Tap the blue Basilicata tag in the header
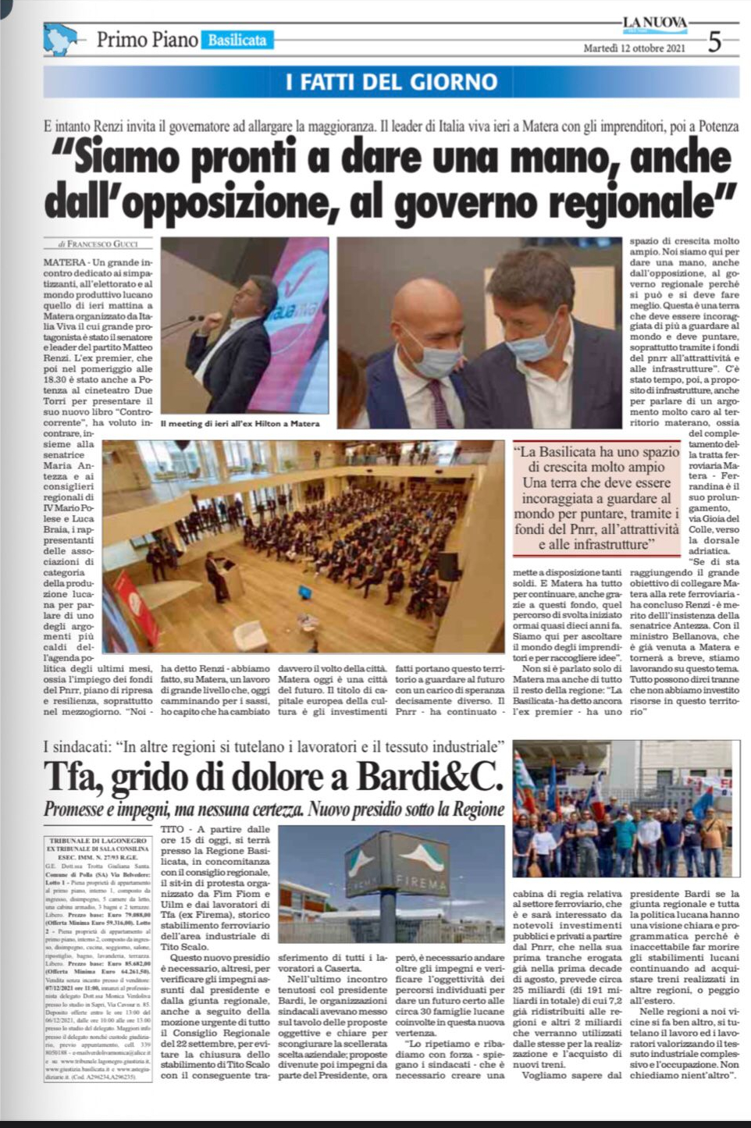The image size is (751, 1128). pyautogui.click(x=237, y=40)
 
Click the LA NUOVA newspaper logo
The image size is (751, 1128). pyautogui.click(x=654, y=23)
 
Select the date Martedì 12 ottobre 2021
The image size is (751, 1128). pyautogui.click(x=635, y=48)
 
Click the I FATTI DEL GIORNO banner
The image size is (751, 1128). pyautogui.click(x=391, y=82)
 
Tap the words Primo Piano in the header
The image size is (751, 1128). pyautogui.click(x=147, y=40)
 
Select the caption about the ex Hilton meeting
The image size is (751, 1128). pyautogui.click(x=240, y=424)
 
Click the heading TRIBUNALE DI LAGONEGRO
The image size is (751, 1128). pyautogui.click(x=98, y=840)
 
